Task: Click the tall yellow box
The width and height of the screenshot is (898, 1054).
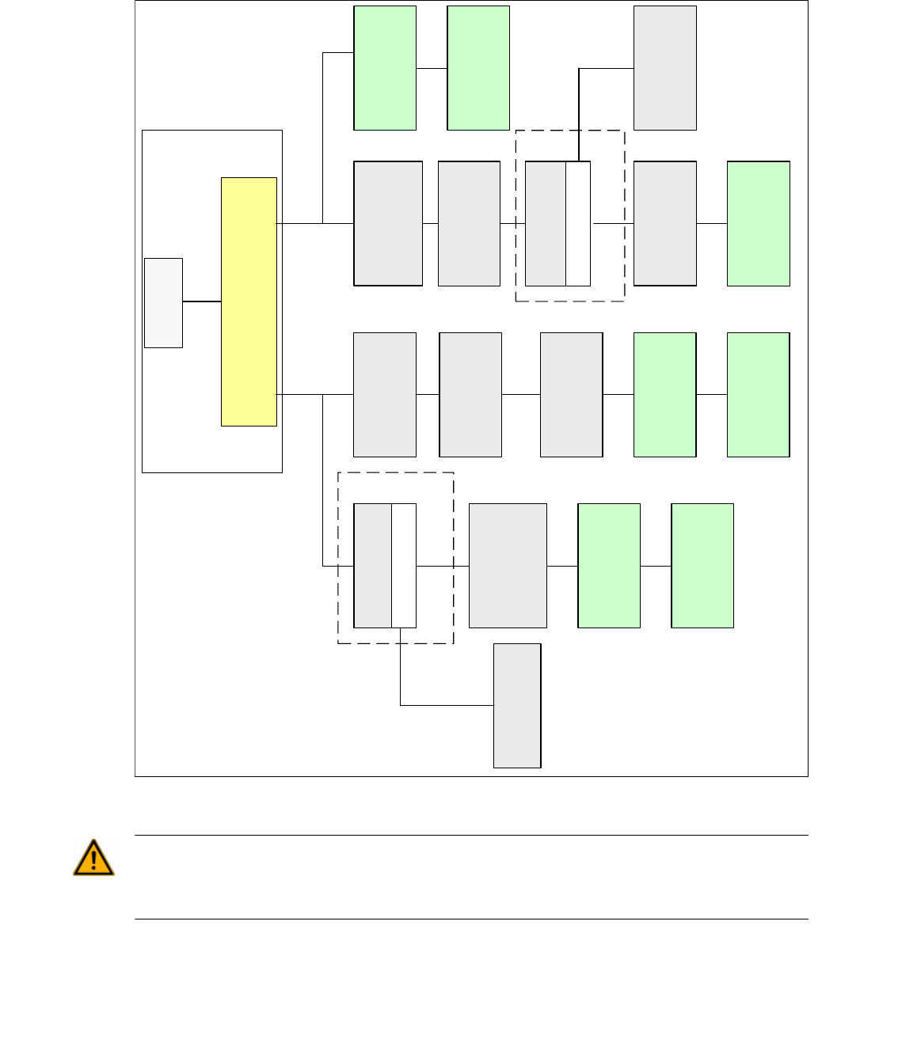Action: (249, 301)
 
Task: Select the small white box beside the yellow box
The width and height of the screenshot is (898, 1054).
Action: (163, 302)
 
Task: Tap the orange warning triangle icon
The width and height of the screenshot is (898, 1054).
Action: (93, 859)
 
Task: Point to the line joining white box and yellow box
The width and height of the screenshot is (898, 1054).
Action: (202, 301)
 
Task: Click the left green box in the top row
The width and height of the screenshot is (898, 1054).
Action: (385, 68)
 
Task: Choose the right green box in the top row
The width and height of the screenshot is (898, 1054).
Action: (478, 68)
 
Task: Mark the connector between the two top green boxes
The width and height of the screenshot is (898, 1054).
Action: (432, 68)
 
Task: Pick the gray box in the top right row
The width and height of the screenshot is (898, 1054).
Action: (665, 68)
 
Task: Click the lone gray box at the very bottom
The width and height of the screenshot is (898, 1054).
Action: (517, 705)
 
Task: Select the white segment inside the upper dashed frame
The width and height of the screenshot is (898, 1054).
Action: (578, 223)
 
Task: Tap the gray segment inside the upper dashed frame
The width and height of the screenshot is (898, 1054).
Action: (546, 223)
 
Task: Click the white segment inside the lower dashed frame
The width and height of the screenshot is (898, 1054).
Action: (404, 566)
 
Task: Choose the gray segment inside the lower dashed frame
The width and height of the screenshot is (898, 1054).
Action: (373, 566)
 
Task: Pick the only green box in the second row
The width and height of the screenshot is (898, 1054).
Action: (759, 223)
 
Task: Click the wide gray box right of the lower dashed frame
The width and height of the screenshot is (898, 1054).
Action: (508, 566)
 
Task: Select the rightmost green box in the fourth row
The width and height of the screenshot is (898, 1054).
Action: (702, 566)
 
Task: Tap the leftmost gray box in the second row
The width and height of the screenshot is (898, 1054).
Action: (388, 223)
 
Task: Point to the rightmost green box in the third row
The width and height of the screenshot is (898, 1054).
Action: (759, 395)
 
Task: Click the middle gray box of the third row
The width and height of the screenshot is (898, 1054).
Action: (470, 395)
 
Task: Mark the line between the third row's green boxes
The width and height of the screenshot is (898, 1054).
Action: (712, 394)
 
